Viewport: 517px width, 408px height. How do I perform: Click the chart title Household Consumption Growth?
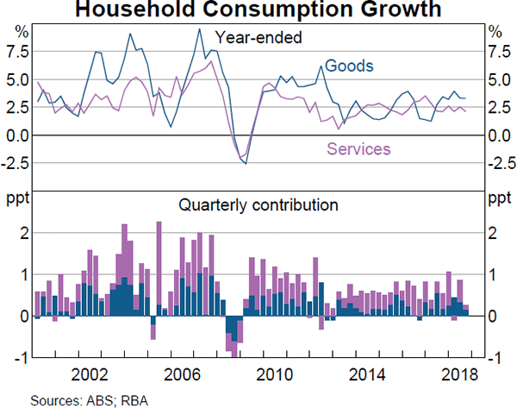pyautogui.click(x=258, y=11)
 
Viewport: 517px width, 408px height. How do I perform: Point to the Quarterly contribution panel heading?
pyautogui.click(x=258, y=205)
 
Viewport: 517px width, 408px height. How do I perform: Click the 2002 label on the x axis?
pyautogui.click(x=90, y=376)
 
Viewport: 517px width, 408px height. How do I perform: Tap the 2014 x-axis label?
pyautogui.click(x=369, y=376)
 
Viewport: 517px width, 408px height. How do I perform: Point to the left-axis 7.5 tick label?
pyautogui.click(x=17, y=52)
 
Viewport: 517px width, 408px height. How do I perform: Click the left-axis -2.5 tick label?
pyautogui.click(x=15, y=163)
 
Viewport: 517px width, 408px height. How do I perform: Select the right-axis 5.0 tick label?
pyautogui.click(x=499, y=79)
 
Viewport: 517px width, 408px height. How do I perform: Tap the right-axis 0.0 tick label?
pyautogui.click(x=499, y=135)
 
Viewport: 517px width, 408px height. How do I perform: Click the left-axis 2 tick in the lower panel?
pyautogui.click(x=25, y=233)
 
